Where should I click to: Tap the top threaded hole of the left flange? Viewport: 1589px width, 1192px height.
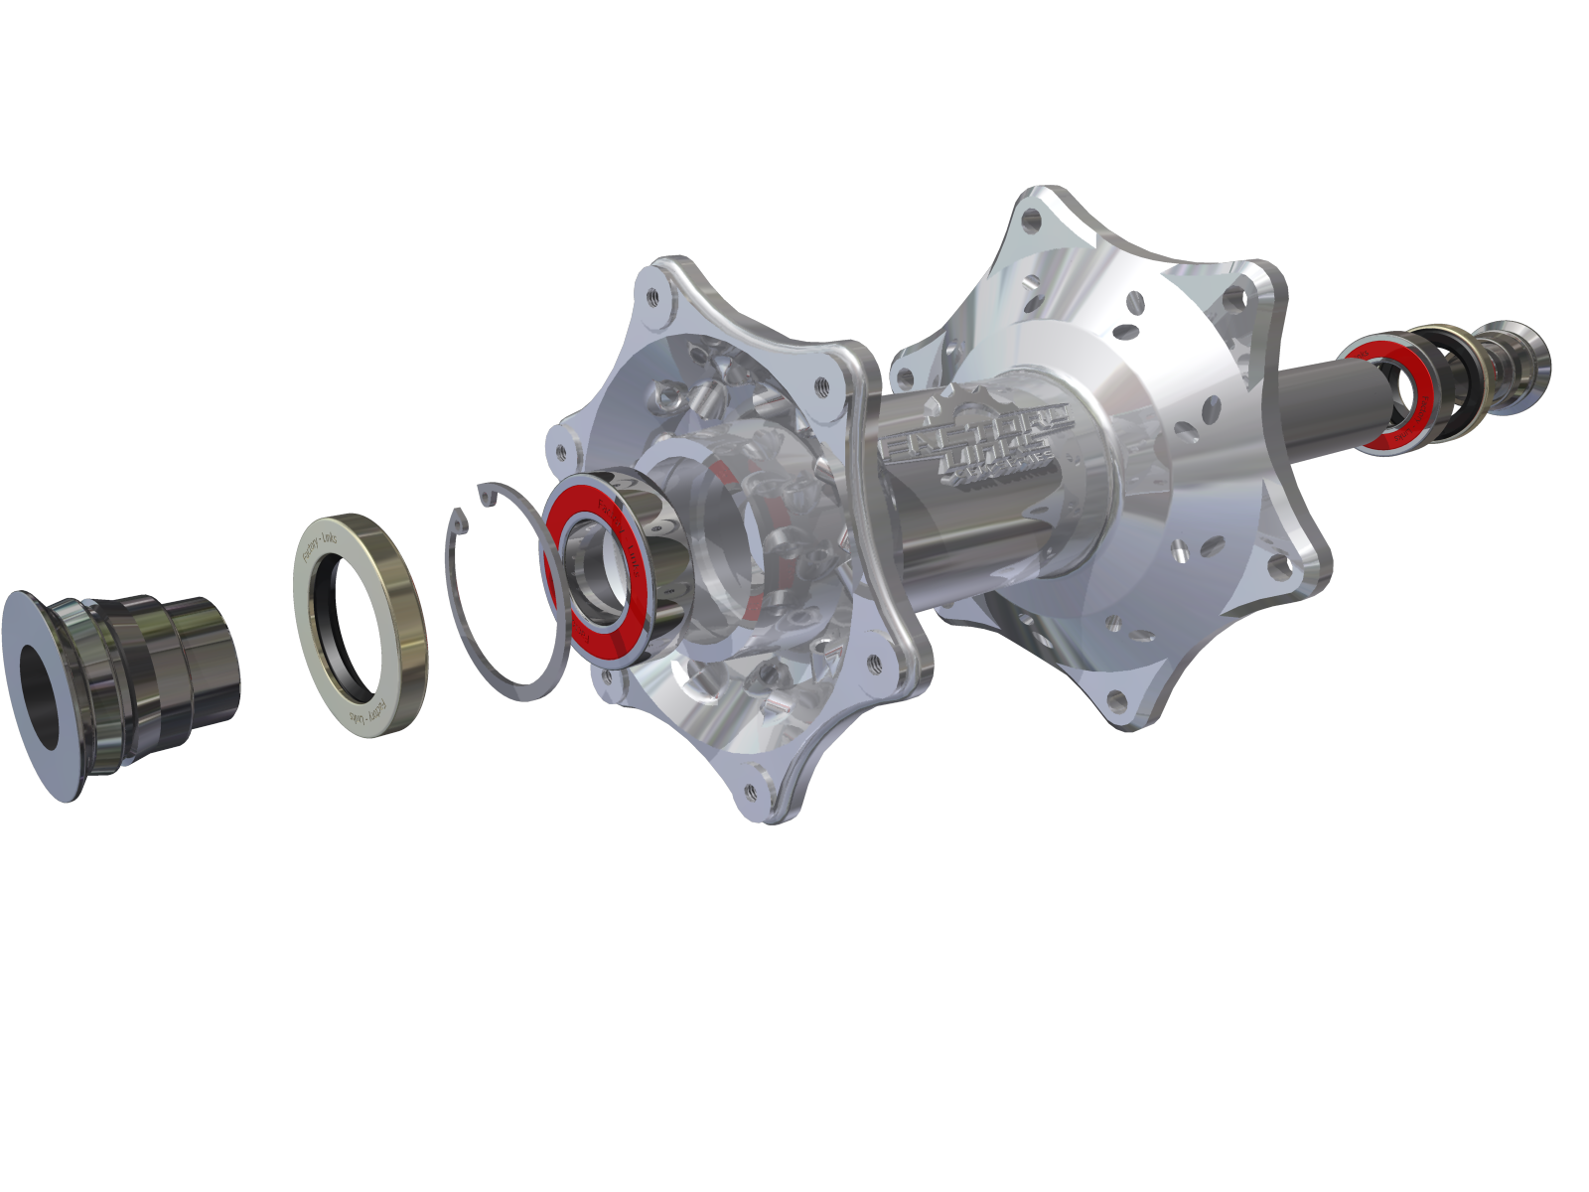click(x=653, y=295)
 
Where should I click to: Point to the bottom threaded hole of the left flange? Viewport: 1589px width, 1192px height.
click(x=749, y=792)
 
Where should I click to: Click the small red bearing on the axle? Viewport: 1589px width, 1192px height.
click(x=1385, y=392)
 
